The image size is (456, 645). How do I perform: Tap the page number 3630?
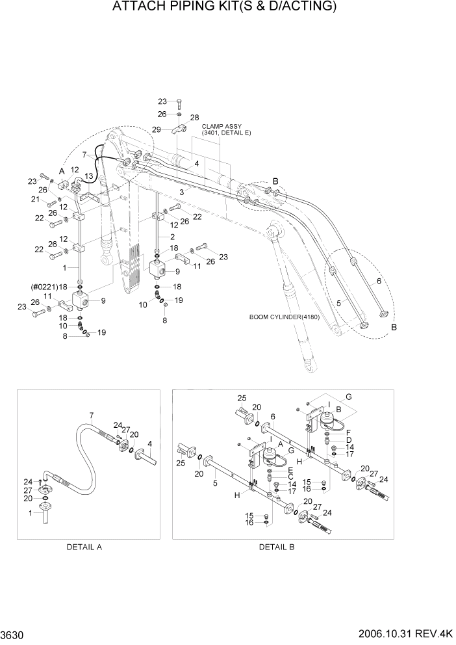[x=14, y=633]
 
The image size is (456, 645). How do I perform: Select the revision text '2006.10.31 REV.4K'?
[x=406, y=633]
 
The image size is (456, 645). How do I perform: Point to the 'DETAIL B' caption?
[x=277, y=547]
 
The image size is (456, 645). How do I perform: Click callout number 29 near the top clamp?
[x=157, y=130]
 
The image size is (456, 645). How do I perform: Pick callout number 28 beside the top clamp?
[x=194, y=117]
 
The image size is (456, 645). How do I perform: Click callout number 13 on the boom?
[x=88, y=176]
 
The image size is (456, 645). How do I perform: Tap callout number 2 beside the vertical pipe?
[x=173, y=236]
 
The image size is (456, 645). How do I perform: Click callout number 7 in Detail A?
[x=92, y=415]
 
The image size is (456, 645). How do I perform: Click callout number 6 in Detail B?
[x=273, y=416]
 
